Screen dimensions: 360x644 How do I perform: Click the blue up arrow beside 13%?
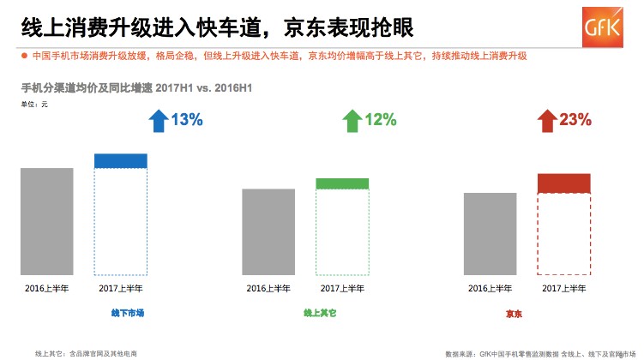[158, 121]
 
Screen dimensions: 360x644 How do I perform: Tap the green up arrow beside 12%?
[352, 121]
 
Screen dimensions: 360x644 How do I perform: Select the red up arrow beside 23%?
[546, 121]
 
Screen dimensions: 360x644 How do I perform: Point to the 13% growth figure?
[187, 120]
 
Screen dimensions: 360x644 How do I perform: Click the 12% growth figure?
[381, 120]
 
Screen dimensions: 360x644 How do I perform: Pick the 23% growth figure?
[575, 120]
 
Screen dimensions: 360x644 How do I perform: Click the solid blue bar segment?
[121, 161]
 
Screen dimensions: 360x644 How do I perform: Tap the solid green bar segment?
[342, 183]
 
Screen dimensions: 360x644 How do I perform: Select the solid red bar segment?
[563, 183]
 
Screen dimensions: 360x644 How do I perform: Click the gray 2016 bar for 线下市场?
[47, 221]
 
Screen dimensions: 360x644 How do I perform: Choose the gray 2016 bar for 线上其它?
[268, 231]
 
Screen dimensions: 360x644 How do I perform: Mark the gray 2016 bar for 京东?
[490, 233]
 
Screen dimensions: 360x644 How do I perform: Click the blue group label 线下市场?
[128, 314]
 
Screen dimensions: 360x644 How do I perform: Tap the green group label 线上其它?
[320, 314]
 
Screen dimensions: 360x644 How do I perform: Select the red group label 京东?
[514, 315]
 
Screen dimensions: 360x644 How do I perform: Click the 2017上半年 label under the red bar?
[563, 288]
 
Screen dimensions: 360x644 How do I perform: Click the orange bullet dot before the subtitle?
[24, 57]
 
